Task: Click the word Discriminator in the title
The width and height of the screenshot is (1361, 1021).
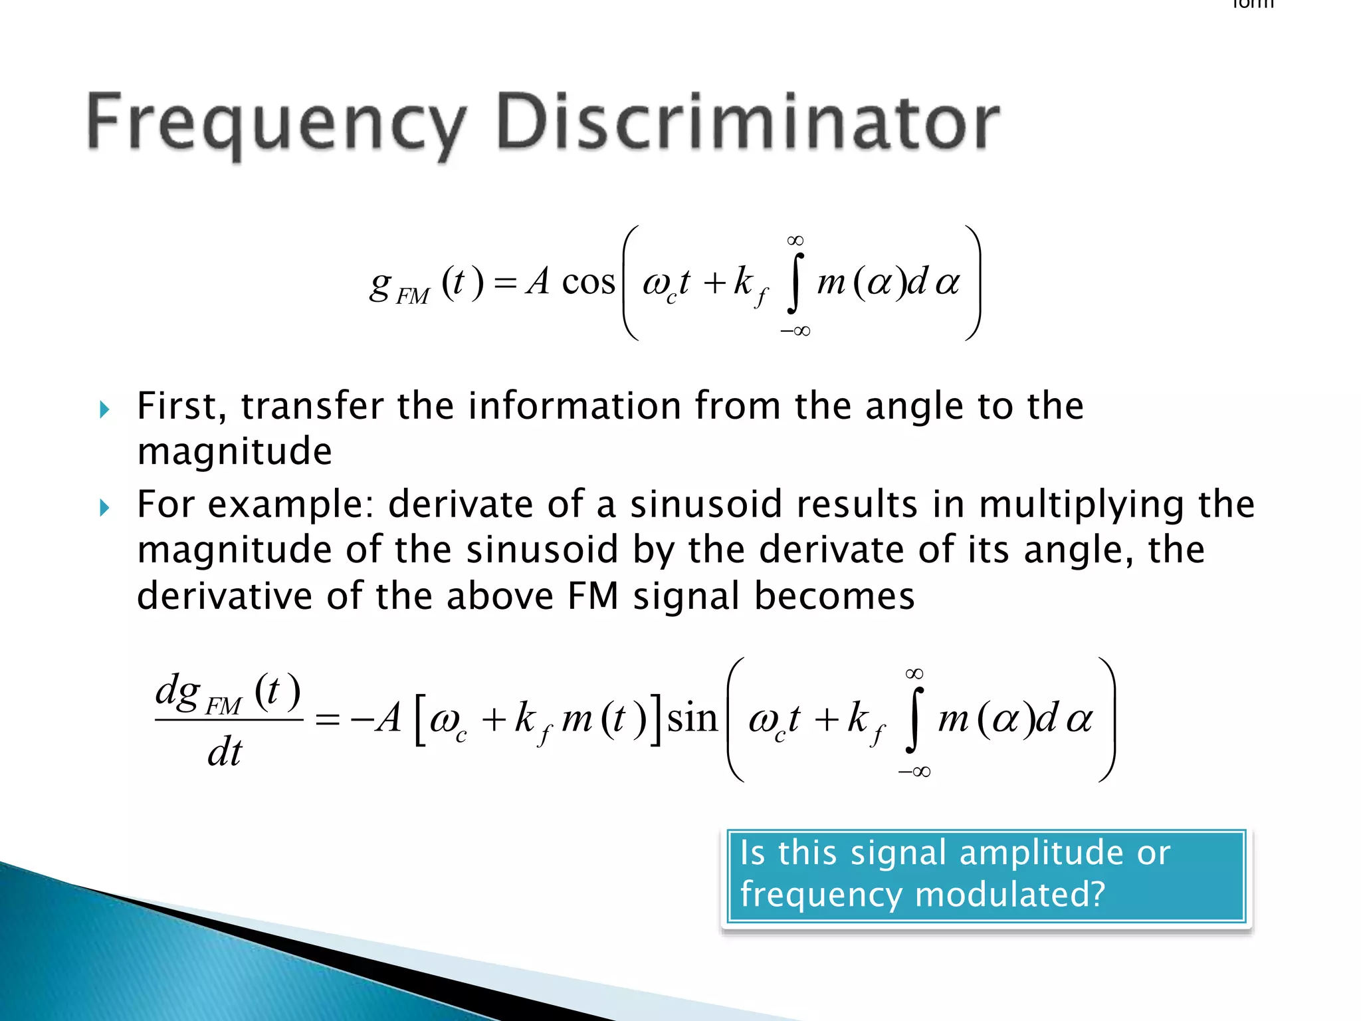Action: [748, 122]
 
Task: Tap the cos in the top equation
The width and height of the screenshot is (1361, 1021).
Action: [588, 283]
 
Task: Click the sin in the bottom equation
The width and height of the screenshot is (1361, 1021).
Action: [692, 719]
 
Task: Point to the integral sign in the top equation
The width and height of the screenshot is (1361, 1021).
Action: [795, 284]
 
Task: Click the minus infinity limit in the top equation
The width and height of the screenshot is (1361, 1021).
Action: [795, 331]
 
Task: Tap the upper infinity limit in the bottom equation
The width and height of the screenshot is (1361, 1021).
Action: [914, 674]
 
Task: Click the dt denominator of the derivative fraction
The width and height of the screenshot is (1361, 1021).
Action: [225, 752]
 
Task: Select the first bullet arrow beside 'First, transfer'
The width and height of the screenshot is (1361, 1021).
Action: [104, 409]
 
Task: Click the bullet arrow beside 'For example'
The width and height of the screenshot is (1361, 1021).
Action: [104, 509]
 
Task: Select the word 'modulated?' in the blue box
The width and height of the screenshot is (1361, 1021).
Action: [1010, 895]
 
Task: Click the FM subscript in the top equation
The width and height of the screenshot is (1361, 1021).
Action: [413, 296]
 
